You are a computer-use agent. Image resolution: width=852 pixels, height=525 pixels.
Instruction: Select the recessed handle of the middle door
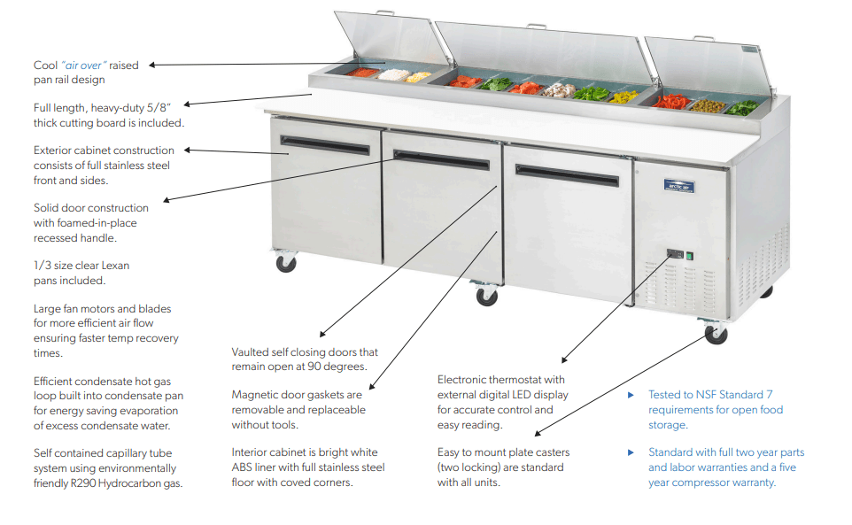pyautogui.click(x=441, y=159)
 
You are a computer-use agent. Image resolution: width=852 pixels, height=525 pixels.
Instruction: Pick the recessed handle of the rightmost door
pyautogui.click(x=568, y=175)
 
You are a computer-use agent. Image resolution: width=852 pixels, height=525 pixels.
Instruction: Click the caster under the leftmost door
pyautogui.click(x=286, y=262)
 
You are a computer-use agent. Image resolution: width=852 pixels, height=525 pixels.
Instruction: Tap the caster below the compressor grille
pyautogui.click(x=715, y=333)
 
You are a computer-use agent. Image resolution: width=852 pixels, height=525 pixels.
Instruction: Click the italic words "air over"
pyautogui.click(x=84, y=66)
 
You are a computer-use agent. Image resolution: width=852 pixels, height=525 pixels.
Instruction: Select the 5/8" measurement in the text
pyautogui.click(x=156, y=108)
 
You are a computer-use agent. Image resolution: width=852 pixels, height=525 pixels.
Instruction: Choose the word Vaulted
pyautogui.click(x=252, y=352)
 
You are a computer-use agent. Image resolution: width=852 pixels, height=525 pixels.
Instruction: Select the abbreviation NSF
pyautogui.click(x=703, y=395)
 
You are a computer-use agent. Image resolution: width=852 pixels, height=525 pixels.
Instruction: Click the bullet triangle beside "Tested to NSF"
pyautogui.click(x=631, y=395)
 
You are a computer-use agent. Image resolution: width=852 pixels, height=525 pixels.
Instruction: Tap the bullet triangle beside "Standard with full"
pyautogui.click(x=631, y=452)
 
